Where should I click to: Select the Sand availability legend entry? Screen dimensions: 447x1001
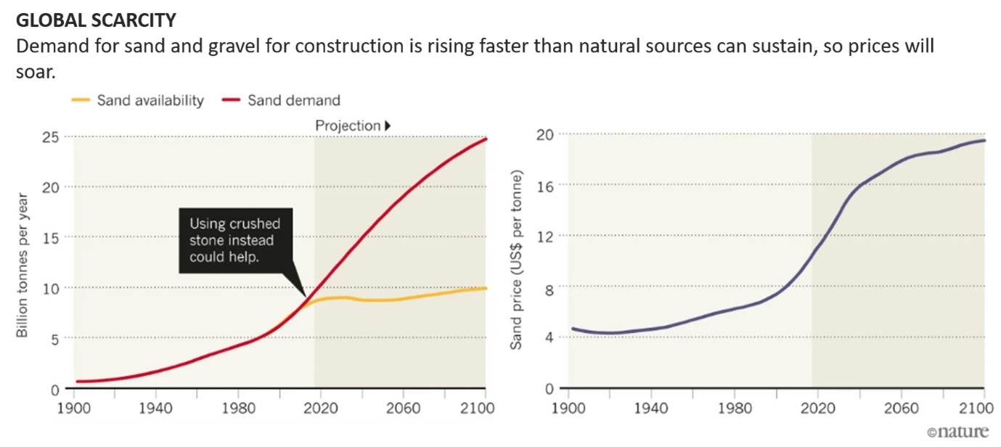coord(138,100)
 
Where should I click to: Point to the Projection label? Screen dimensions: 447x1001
coord(348,126)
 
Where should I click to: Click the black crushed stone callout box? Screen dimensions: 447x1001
coord(233,240)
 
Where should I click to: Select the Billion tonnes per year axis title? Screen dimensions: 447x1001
coord(23,265)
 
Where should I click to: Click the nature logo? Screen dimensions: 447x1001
coord(957,432)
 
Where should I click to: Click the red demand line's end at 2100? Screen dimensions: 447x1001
coord(486,139)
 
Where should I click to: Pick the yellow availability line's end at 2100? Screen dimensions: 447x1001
coord(486,288)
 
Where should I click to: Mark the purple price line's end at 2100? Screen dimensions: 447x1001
coord(984,140)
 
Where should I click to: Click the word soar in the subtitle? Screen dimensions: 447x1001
coord(35,73)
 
